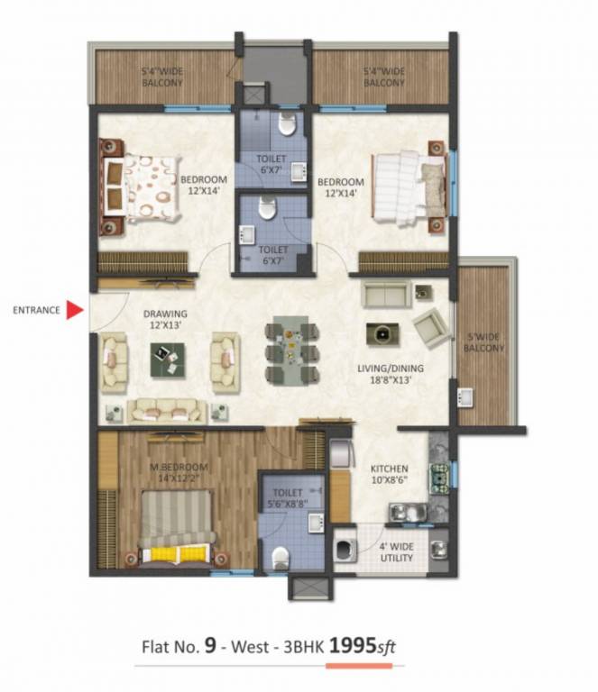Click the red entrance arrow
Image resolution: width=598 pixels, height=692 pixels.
(76, 311)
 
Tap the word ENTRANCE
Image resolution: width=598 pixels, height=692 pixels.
(36, 311)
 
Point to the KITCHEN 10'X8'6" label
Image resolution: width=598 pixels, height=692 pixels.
(390, 476)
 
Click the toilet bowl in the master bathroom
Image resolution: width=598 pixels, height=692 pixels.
(281, 554)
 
